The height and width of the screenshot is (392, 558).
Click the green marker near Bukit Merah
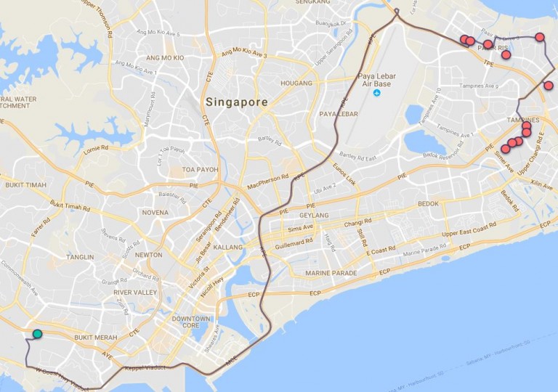[x=37, y=334]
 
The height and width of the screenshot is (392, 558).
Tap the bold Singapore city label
[x=236, y=102]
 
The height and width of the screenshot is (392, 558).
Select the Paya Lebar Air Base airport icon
[x=376, y=92]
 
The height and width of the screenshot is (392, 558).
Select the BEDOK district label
[x=428, y=204]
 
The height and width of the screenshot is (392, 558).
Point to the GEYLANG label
[x=314, y=216]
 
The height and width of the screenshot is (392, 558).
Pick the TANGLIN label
[x=79, y=257]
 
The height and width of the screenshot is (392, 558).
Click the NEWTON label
[x=148, y=255]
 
